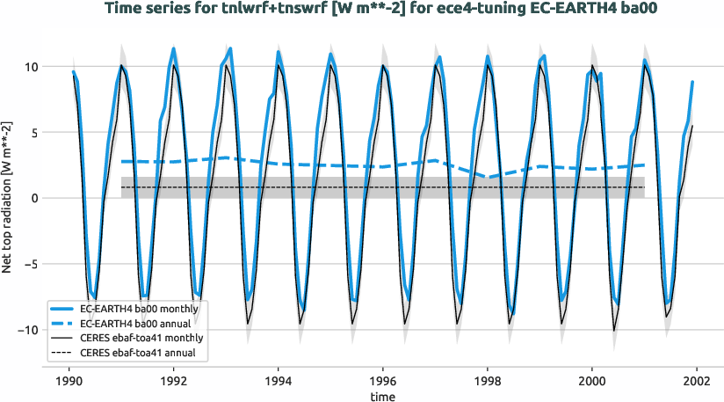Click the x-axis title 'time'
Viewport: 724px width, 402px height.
382,398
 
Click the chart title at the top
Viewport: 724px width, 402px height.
362,10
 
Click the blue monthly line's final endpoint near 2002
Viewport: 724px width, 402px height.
693,82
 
